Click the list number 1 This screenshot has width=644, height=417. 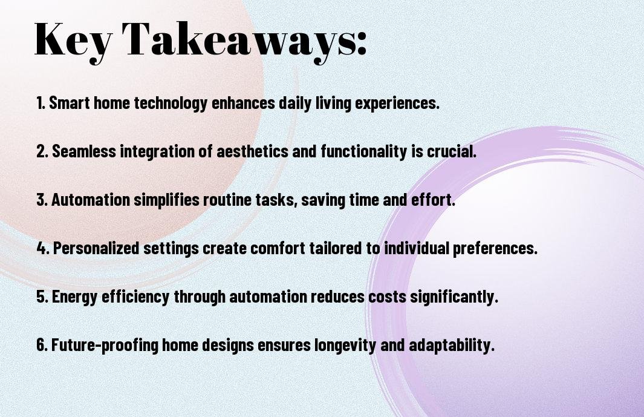[41, 103]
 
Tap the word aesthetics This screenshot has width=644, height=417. [252, 151]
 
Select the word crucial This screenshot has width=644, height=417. [451, 151]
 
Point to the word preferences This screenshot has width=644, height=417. [495, 249]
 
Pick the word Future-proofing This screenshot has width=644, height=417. [105, 346]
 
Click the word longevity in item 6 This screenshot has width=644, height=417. [345, 346]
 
